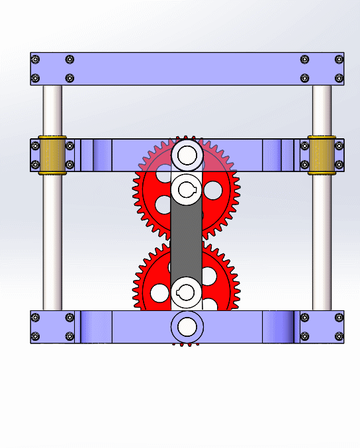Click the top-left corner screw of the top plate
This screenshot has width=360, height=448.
tap(36, 60)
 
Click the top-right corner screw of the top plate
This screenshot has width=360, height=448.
tap(339, 60)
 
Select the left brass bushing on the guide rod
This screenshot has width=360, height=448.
tap(52, 155)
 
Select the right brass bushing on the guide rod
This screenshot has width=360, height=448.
tap(322, 155)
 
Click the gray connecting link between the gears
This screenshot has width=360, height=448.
tap(187, 238)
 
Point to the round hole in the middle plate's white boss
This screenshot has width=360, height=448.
tap(187, 156)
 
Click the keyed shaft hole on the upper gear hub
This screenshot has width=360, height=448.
tap(187, 191)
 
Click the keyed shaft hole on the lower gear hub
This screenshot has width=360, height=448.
tap(187, 292)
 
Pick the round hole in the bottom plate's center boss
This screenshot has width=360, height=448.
tap(187, 326)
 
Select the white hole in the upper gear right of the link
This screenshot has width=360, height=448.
tap(212, 191)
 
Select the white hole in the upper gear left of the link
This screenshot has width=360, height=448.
tap(161, 191)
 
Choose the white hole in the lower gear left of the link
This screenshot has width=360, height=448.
tap(160, 292)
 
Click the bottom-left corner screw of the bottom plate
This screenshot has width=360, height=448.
tap(36, 337)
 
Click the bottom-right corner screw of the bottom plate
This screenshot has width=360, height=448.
tap(339, 337)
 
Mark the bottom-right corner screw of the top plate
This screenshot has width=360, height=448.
tap(339, 78)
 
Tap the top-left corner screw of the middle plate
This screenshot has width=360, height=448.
tap(36, 146)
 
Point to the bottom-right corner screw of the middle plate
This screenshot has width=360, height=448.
tap(339, 165)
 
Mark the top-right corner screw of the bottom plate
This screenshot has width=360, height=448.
tap(339, 318)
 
